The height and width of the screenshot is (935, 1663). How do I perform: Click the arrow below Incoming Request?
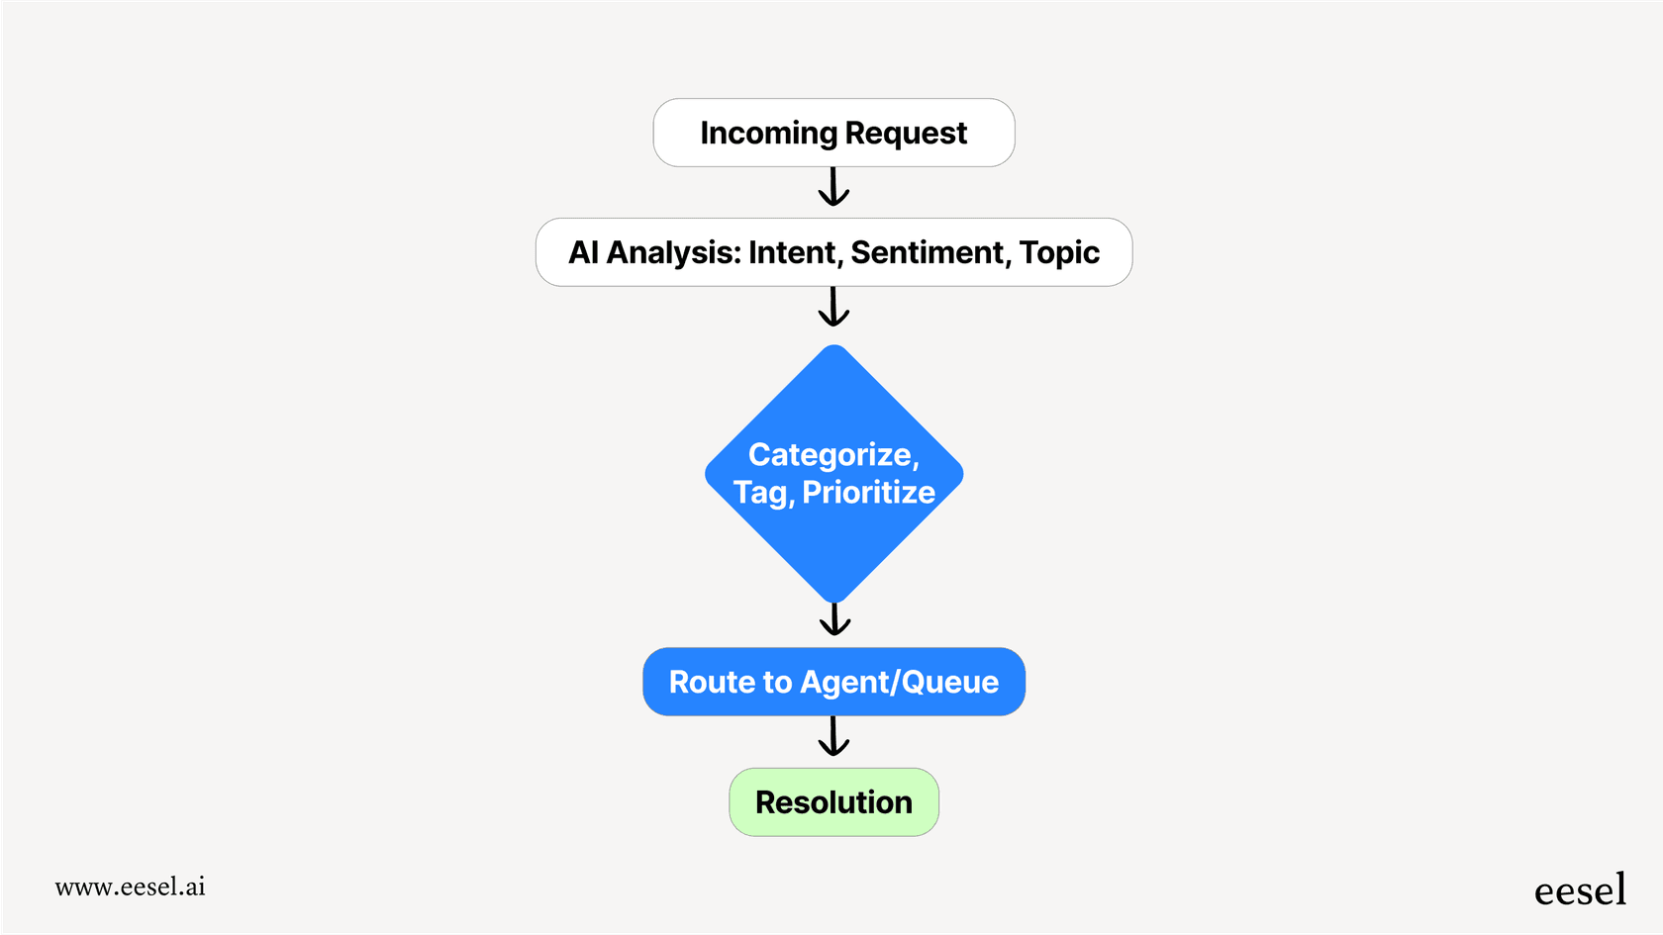[833, 187]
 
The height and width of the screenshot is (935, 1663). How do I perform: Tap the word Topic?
[1059, 253]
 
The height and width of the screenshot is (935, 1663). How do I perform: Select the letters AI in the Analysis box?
[583, 253]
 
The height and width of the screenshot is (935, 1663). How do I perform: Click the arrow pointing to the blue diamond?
[833, 307]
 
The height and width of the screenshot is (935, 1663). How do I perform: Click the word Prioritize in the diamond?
[868, 493]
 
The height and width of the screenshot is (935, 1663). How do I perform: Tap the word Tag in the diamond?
[760, 493]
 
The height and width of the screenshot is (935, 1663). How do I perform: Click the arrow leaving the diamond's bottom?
[834, 620]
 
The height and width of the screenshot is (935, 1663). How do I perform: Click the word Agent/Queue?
[899, 683]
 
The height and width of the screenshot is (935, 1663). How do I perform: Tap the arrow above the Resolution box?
[833, 737]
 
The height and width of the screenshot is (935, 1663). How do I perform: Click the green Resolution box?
[833, 802]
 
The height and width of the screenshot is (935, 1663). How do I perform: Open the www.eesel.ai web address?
[130, 888]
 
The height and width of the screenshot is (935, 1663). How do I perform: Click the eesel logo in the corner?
[1580, 890]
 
